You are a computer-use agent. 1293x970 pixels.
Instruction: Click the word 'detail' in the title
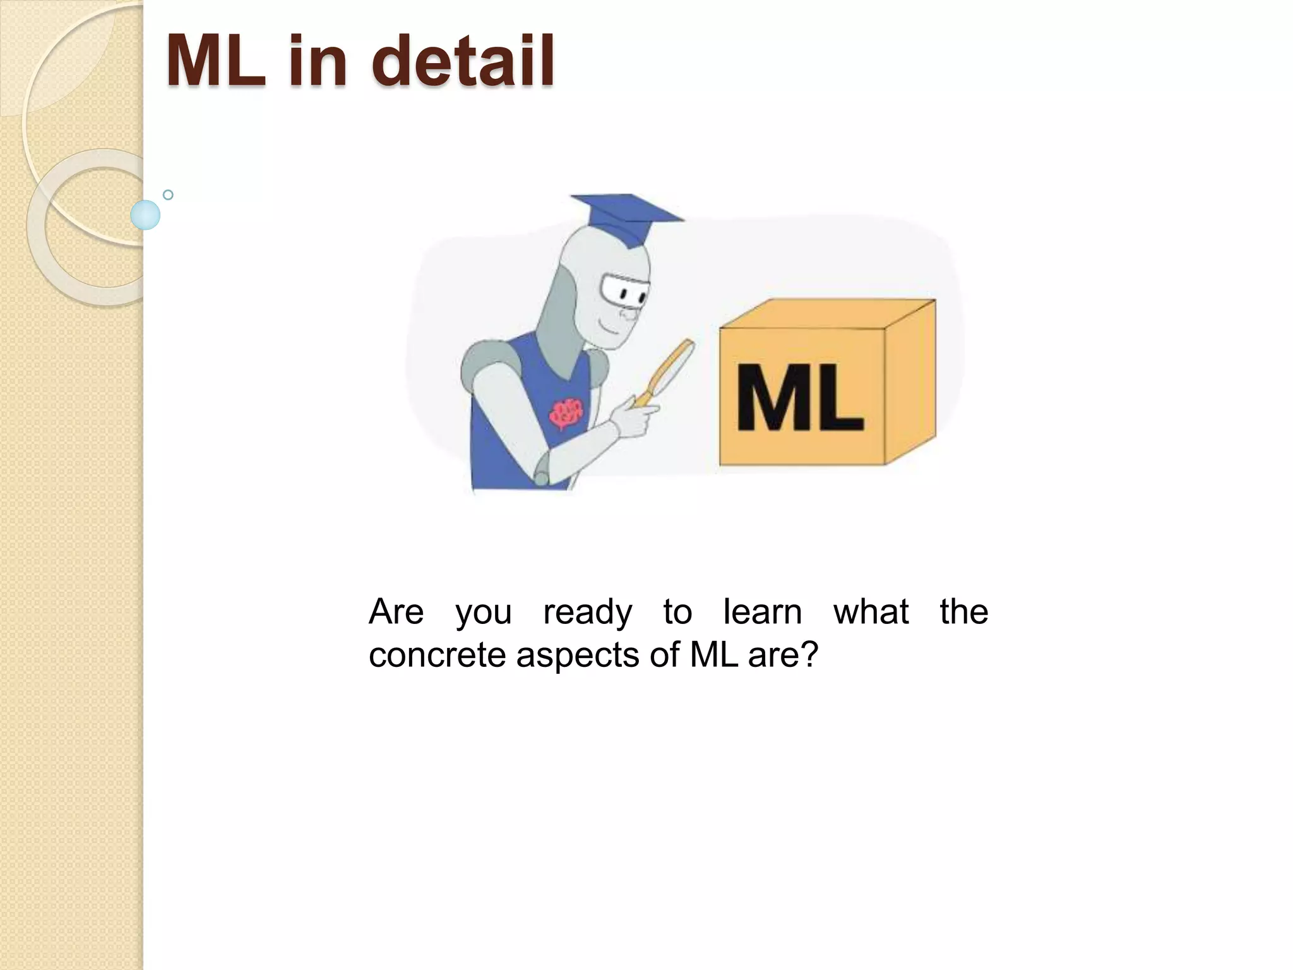(x=462, y=61)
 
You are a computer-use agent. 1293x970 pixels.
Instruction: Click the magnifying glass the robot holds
(x=669, y=372)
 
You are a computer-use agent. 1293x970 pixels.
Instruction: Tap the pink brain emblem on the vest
(x=565, y=414)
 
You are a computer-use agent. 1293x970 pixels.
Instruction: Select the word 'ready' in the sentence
(x=587, y=613)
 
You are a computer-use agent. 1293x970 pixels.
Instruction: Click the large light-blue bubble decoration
(x=145, y=215)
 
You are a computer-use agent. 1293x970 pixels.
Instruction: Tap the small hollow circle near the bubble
(x=168, y=195)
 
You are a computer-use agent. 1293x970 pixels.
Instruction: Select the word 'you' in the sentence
(x=483, y=613)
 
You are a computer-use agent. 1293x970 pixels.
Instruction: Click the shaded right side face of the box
(x=910, y=383)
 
